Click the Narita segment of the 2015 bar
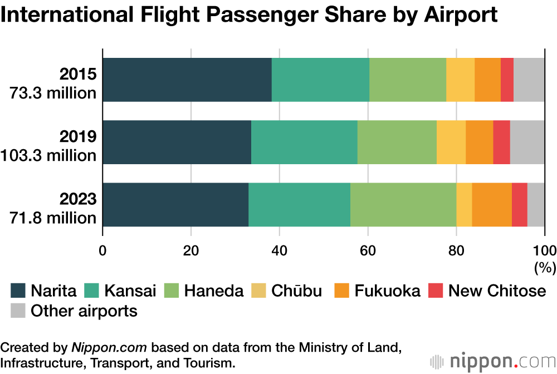(x=187, y=80)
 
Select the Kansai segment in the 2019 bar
(x=304, y=142)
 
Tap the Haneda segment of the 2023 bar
(x=403, y=204)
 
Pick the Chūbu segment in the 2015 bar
(x=460, y=80)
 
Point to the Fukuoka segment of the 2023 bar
(x=492, y=204)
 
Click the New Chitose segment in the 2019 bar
(x=501, y=142)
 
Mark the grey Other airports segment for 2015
(x=529, y=80)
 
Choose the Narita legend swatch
(x=18, y=291)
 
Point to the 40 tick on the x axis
(x=279, y=249)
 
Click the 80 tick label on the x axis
(x=456, y=249)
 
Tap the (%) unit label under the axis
(x=545, y=267)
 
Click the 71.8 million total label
(x=53, y=218)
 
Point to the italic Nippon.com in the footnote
(x=109, y=349)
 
